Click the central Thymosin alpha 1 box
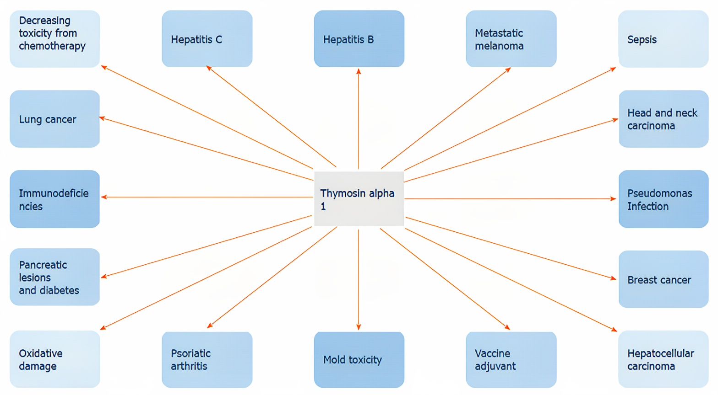[359, 199]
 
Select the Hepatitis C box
[207, 39]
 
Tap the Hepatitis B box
[359, 39]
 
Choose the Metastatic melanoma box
[511, 39]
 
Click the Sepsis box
[663, 39]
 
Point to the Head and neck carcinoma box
[664, 119]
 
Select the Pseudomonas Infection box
[664, 199]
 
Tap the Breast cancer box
[664, 279]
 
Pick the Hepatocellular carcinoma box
[663, 359]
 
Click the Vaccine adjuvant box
[511, 359]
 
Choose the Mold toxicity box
[359, 359]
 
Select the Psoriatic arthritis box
[207, 359]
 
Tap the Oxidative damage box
[55, 359]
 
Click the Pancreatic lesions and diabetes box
[55, 277]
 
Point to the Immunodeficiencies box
[55, 199]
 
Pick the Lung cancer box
[55, 119]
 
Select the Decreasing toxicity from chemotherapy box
[55, 39]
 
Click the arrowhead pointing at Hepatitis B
[359, 71]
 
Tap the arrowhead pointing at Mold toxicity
[359, 327]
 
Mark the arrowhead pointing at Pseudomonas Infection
[613, 199]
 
